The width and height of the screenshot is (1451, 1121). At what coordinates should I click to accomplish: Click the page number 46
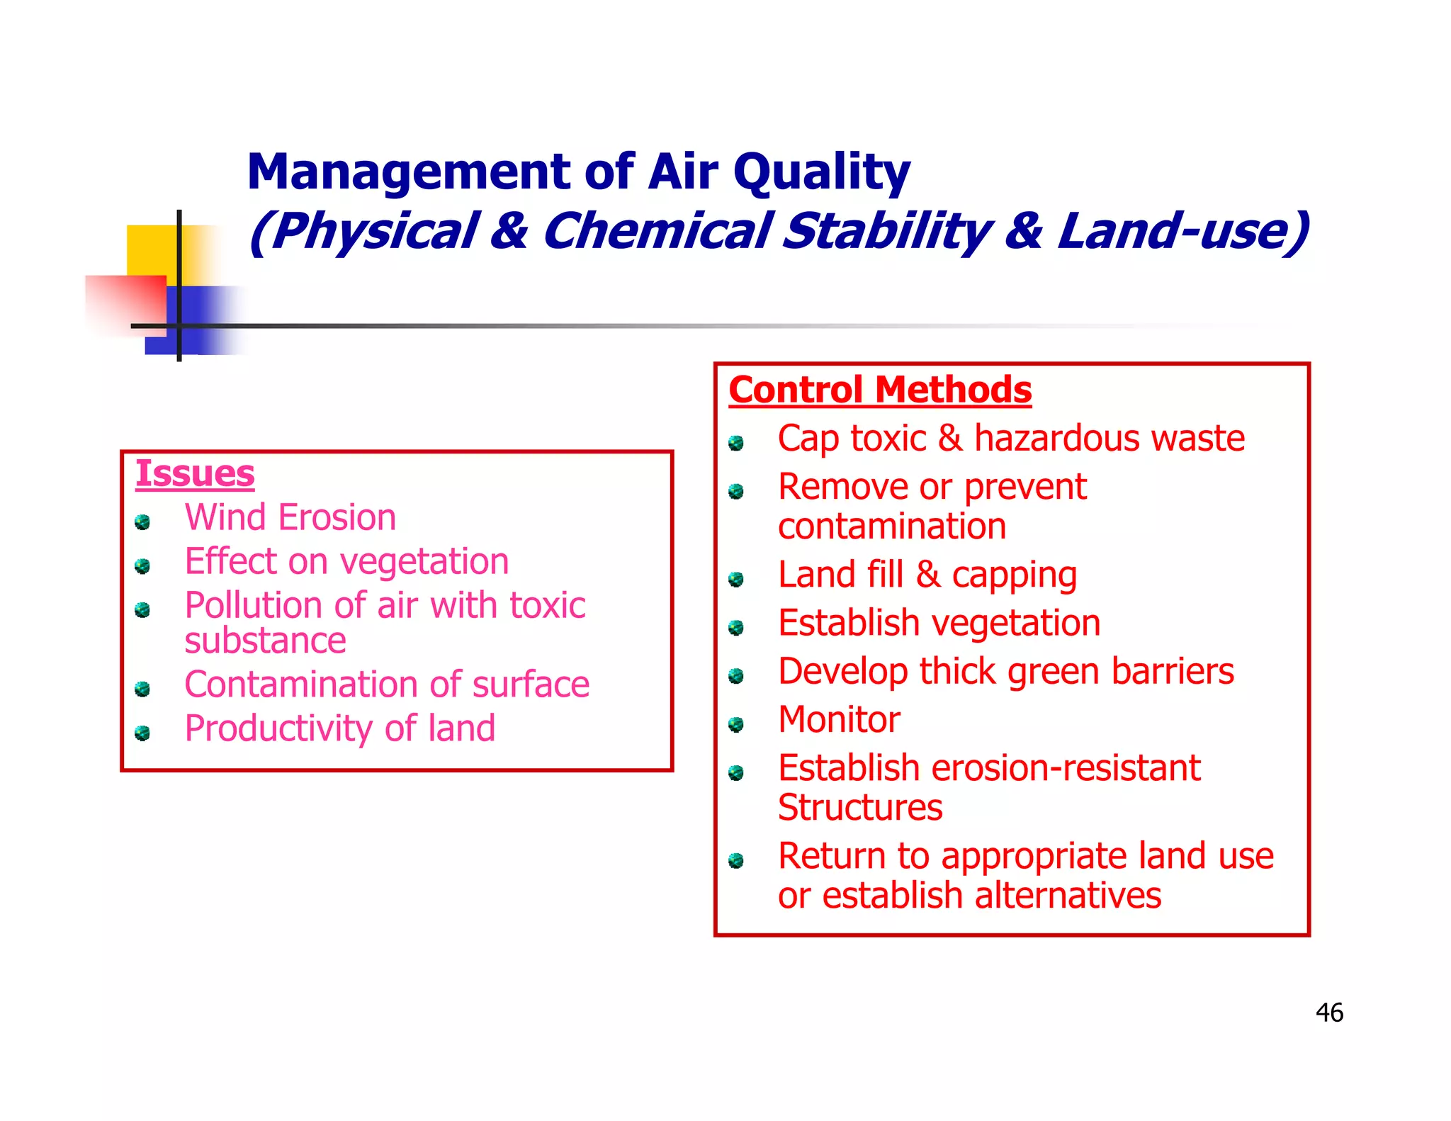pyautogui.click(x=1329, y=1013)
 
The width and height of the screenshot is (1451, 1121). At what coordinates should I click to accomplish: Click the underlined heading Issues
pyautogui.click(x=195, y=473)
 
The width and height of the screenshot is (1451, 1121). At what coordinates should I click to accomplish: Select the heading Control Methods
pyautogui.click(x=880, y=390)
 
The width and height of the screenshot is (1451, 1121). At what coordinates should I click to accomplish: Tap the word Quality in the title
pyautogui.click(x=821, y=172)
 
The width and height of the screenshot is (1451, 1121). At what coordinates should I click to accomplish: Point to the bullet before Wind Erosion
pyautogui.click(x=142, y=523)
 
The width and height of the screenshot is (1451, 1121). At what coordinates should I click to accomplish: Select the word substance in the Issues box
pyautogui.click(x=265, y=641)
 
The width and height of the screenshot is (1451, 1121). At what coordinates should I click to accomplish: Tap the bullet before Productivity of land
pyautogui.click(x=142, y=733)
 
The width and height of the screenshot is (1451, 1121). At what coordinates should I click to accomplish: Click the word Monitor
pyautogui.click(x=839, y=720)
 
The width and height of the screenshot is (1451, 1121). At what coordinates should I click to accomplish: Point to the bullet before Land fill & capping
pyautogui.click(x=736, y=580)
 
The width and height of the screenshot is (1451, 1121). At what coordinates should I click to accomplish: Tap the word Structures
pyautogui.click(x=860, y=808)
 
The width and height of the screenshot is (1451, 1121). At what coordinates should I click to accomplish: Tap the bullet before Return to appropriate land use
pyautogui.click(x=736, y=861)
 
